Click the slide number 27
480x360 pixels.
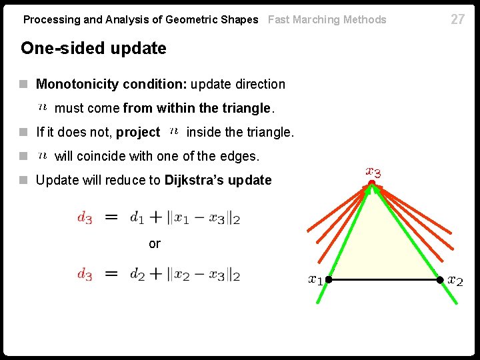457,19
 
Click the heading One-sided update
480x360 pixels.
93,48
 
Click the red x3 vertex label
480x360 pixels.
373,172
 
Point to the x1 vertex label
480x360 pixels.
315,280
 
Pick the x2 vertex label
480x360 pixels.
455,280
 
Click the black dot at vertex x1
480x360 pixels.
328,280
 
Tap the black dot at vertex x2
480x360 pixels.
440,280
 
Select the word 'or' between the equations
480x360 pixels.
155,244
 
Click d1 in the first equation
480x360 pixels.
137,217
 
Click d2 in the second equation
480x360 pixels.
137,273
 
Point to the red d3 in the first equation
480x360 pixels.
85,217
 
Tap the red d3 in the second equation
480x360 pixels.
85,274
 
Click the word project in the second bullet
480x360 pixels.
138,133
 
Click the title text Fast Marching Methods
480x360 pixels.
327,19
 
